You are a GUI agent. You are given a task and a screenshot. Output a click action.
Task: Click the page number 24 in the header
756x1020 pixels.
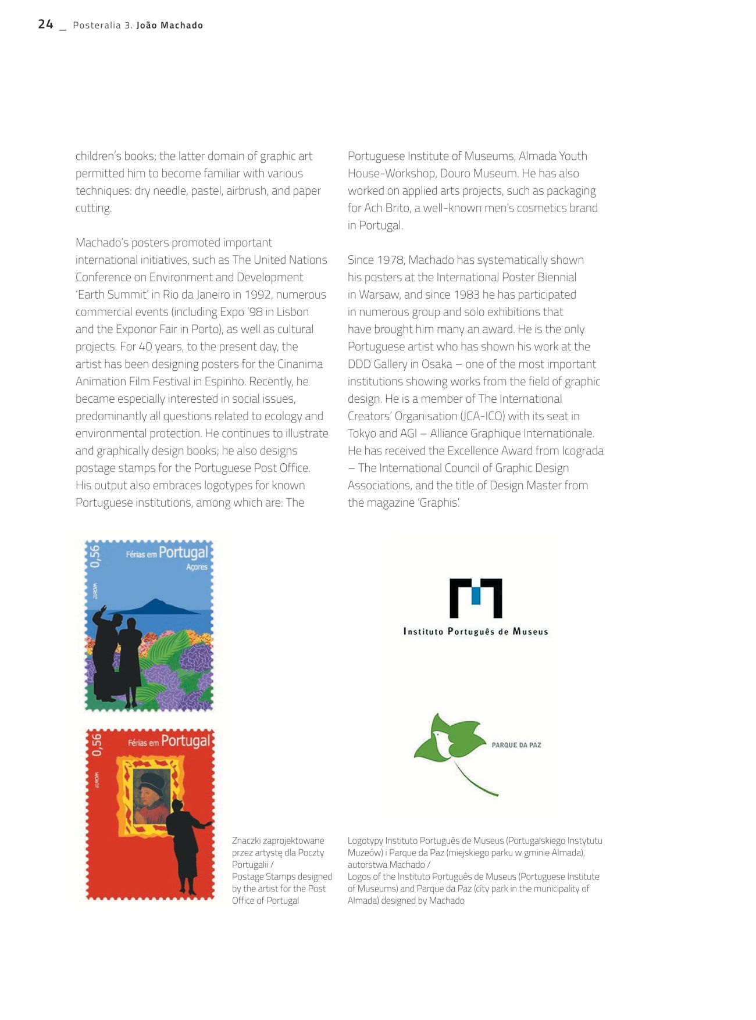(45, 24)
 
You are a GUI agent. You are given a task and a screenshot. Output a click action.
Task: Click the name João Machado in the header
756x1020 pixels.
(170, 26)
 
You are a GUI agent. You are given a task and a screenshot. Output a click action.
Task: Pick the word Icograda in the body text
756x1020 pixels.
(583, 450)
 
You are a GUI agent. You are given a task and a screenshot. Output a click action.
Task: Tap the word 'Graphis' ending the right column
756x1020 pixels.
(439, 503)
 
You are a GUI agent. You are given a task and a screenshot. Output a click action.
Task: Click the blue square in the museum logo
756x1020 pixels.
(476, 596)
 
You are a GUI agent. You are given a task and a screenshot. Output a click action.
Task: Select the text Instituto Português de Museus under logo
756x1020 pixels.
(476, 632)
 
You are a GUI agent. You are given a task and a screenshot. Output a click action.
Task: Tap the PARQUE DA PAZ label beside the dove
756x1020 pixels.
(516, 745)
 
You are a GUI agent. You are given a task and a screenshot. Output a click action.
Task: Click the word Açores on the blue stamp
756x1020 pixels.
(197, 567)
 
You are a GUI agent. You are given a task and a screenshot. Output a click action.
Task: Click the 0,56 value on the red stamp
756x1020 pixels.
(97, 745)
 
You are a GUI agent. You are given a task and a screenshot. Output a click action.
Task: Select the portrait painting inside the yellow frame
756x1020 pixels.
(152, 796)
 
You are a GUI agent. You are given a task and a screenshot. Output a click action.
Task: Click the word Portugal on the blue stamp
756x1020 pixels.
(183, 552)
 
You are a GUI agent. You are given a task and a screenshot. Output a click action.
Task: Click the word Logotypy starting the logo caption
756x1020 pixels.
(365, 841)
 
